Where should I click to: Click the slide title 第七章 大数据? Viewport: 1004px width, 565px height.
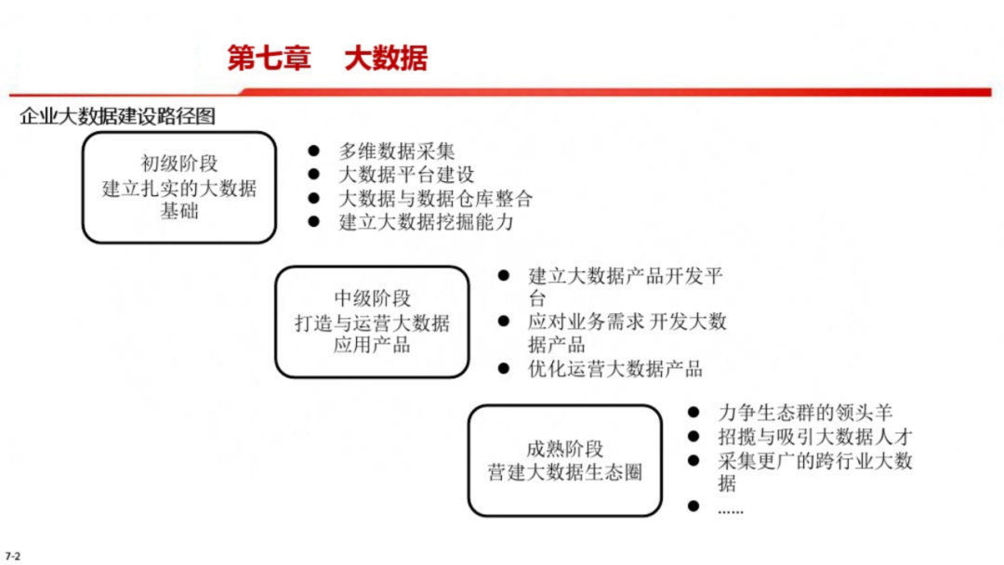point(327,59)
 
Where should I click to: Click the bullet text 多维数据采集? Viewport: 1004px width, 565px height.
point(397,151)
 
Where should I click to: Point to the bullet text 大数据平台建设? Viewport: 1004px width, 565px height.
point(406,175)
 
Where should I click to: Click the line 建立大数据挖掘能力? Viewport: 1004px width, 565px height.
point(426,222)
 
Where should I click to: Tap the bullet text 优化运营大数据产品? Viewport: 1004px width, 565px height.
point(615,369)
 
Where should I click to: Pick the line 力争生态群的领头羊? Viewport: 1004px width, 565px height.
point(805,413)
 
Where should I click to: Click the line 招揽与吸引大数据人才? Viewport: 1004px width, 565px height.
point(815,437)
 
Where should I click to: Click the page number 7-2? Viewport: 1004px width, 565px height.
point(12,556)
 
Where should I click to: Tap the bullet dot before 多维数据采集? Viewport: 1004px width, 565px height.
point(314,151)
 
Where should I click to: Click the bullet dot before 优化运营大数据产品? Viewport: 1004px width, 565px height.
point(504,369)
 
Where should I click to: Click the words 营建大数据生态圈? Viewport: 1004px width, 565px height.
point(564,472)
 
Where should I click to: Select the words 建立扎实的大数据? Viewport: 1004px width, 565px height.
point(179,189)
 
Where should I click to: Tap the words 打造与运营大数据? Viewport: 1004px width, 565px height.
point(372,323)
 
